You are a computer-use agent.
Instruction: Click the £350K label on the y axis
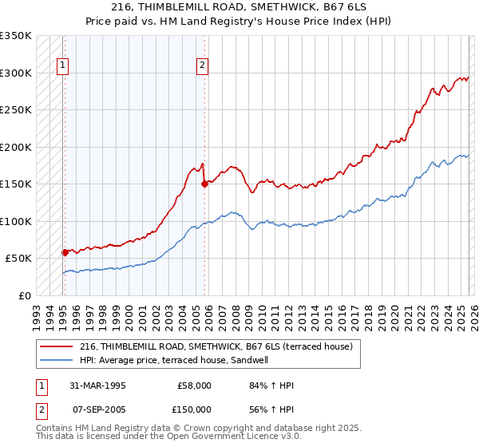[16, 36]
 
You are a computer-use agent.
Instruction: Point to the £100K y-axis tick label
[16, 221]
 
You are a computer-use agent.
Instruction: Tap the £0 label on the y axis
[24, 295]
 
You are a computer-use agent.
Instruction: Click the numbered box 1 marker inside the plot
[63, 66]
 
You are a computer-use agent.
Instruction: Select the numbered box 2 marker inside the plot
[202, 66]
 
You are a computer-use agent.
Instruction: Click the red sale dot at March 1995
[65, 252]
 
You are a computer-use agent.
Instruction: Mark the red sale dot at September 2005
[204, 184]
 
